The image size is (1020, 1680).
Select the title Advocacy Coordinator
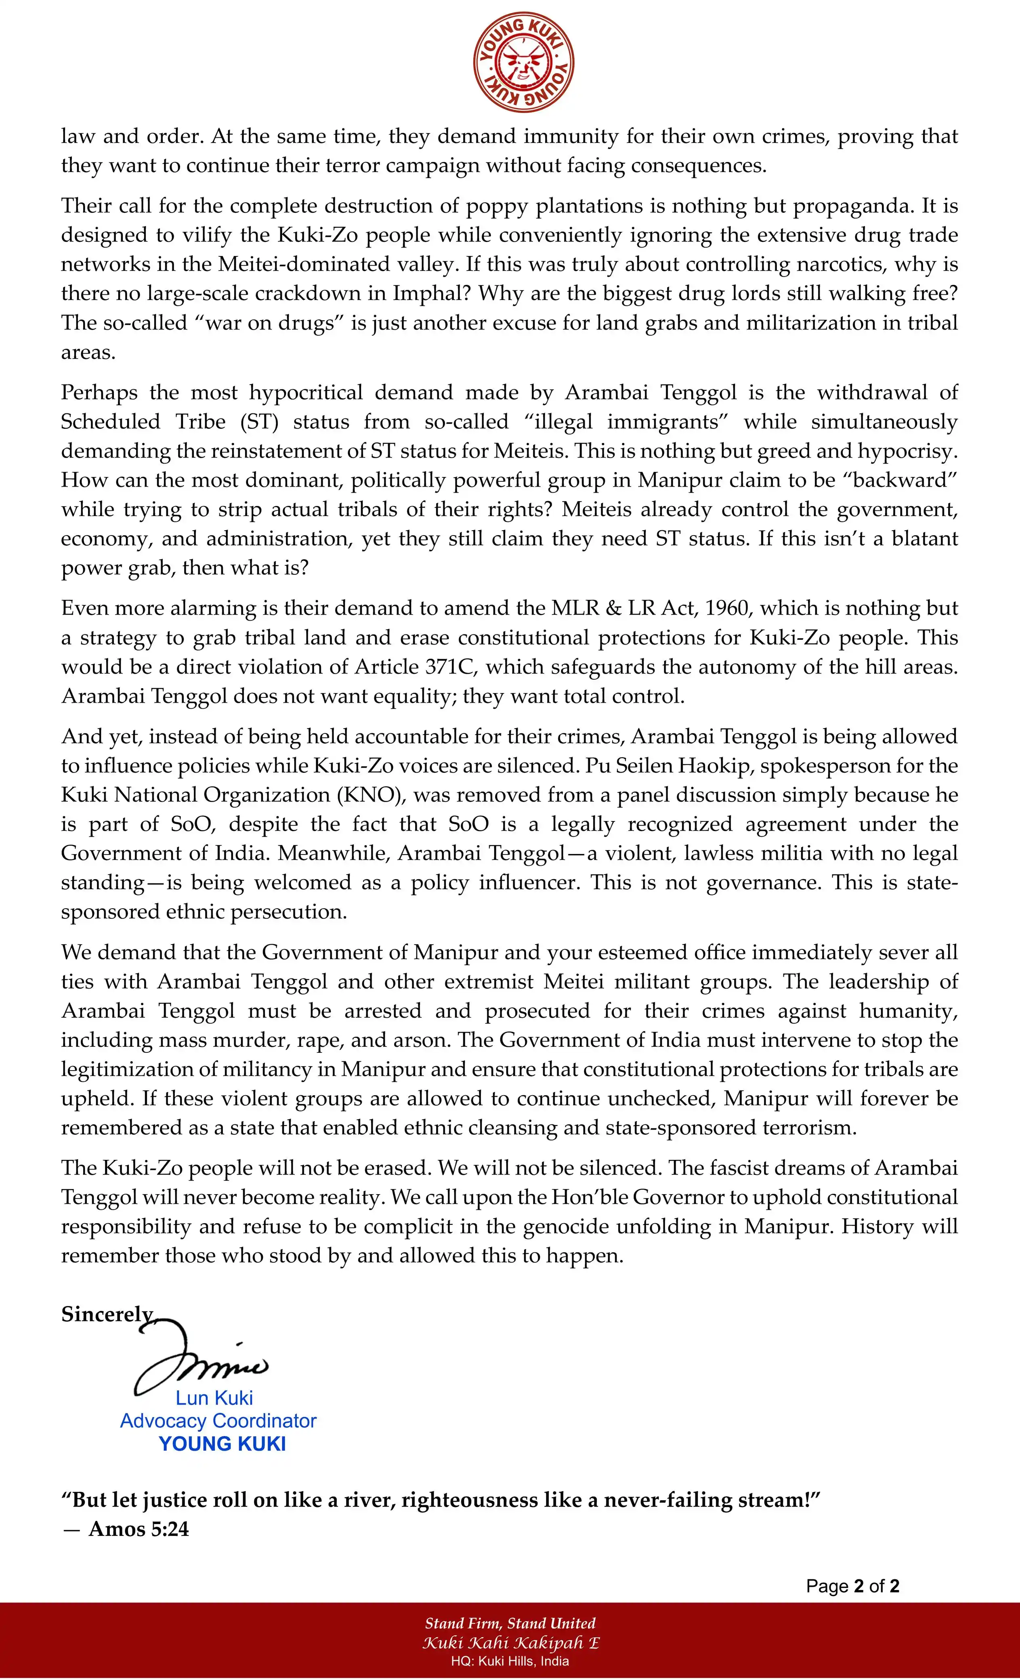[x=218, y=1421]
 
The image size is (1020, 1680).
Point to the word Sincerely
[x=107, y=1314]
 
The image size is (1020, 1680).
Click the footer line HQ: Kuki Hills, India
[x=510, y=1661]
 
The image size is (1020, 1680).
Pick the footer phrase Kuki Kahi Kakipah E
[x=510, y=1642]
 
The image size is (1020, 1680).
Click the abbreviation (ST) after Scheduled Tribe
[x=259, y=421]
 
